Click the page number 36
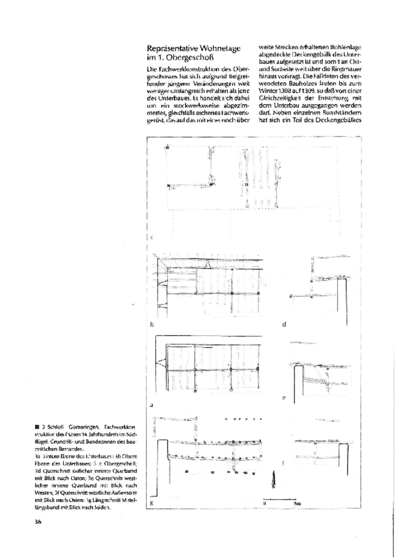(x=38, y=522)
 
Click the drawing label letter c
(x=152, y=237)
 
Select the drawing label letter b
(x=152, y=325)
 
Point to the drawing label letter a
(x=152, y=405)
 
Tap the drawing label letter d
(x=284, y=325)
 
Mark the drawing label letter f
(x=283, y=463)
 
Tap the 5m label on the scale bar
(x=297, y=503)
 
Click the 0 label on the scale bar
(x=264, y=503)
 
